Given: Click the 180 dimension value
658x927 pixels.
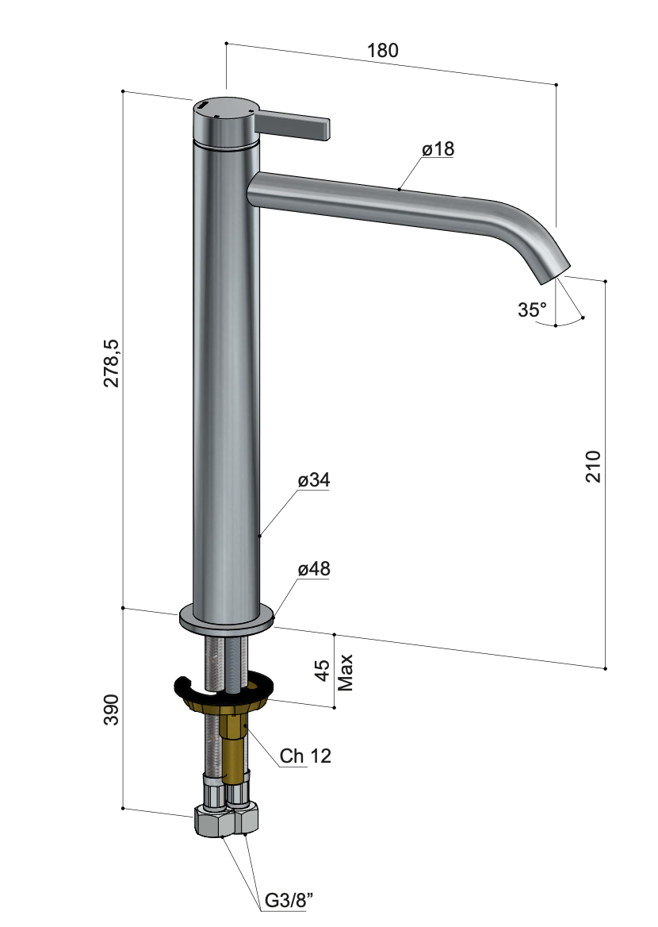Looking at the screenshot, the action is tap(383, 50).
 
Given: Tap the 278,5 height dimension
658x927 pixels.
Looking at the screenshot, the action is tap(111, 363).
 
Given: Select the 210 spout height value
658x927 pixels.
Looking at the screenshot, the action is tap(593, 467).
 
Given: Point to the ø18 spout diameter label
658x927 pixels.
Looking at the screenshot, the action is tap(438, 148).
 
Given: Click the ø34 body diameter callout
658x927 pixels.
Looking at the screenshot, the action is tap(314, 479).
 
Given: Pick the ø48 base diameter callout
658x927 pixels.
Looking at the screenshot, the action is tap(314, 569).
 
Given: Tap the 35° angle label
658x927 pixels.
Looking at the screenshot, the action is tap(532, 310).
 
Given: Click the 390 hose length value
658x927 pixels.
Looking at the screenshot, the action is tap(111, 710).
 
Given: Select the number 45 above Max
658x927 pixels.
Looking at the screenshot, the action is tap(323, 671).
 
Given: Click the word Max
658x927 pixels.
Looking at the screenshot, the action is tap(345, 672).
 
